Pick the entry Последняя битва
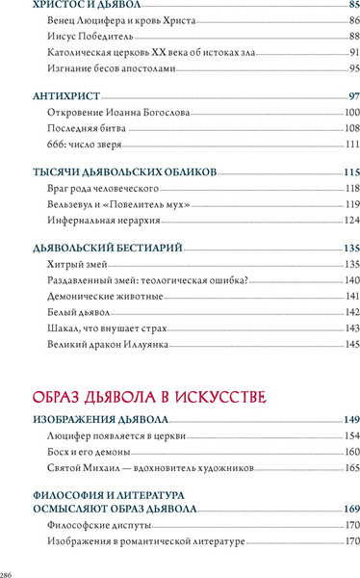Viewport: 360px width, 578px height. click(87, 128)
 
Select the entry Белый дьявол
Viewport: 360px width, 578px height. click(78, 312)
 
